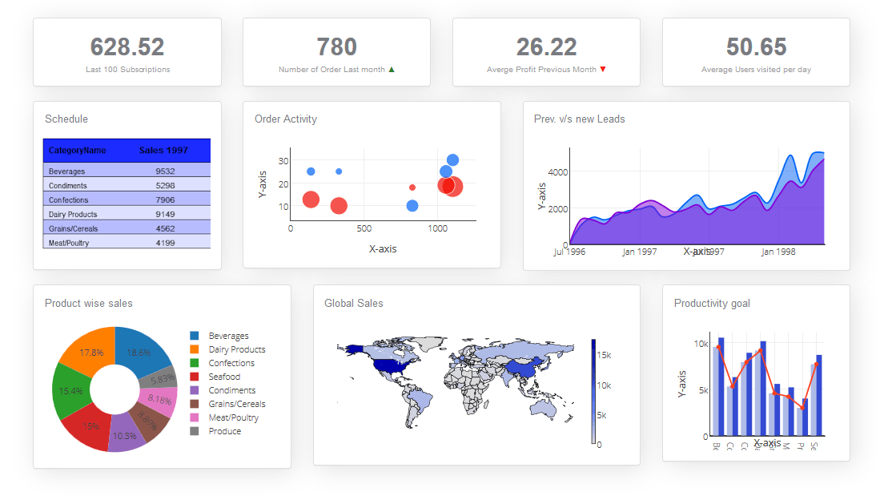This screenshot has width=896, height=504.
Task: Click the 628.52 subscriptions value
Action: click(127, 46)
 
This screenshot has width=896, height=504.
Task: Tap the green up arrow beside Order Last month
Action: click(392, 70)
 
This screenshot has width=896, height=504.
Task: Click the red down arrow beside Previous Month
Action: click(603, 70)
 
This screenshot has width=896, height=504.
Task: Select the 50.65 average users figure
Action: click(756, 46)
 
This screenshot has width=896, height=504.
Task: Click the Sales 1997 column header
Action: click(163, 150)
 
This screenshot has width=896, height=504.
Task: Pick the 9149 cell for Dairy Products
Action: click(165, 214)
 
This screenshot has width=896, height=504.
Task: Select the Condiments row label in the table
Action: click(67, 185)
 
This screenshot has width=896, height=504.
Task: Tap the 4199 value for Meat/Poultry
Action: click(165, 243)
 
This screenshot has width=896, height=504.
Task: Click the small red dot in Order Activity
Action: click(412, 187)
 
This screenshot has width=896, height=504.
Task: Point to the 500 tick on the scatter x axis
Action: click(364, 228)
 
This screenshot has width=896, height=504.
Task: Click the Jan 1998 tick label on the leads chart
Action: click(778, 252)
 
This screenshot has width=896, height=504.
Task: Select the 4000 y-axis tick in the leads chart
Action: click(557, 171)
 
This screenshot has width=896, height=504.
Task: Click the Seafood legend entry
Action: click(224, 377)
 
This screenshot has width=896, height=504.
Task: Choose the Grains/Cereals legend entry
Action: click(236, 404)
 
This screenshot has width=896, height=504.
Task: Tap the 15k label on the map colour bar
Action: click(605, 355)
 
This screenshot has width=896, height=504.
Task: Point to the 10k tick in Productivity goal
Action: click(701, 344)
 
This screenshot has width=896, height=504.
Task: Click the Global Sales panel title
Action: click(353, 303)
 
